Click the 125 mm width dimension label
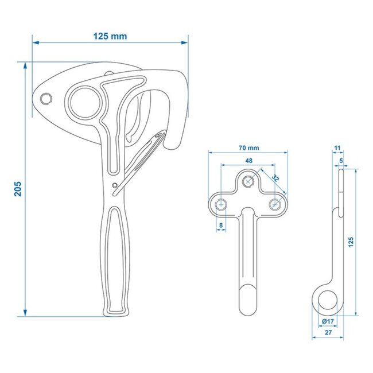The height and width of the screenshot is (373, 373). [x=110, y=36]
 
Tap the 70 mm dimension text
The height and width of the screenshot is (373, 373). [x=248, y=147]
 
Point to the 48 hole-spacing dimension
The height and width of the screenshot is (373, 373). [x=248, y=161]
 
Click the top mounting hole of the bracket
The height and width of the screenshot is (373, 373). [x=248, y=181]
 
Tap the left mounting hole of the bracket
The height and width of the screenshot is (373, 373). [x=222, y=203]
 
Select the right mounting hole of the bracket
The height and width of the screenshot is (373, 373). [x=275, y=203]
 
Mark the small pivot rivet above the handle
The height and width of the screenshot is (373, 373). [x=116, y=184]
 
